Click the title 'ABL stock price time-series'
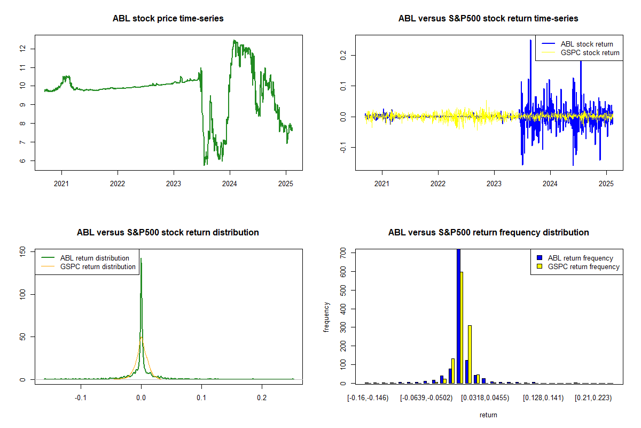[168, 18]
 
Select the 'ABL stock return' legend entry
[577, 44]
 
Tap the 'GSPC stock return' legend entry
[580, 53]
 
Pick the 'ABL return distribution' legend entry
[85, 258]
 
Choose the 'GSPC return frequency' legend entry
[578, 266]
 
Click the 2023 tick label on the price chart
[174, 184]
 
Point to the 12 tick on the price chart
[23, 49]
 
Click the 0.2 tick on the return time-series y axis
[343, 55]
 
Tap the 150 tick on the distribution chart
[23, 252]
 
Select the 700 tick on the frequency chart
[343, 253]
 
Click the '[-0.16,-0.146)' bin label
[368, 398]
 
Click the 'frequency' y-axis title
[326, 317]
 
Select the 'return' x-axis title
[488, 415]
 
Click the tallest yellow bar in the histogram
[462, 327]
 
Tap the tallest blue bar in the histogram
[458, 316]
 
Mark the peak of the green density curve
[141, 258]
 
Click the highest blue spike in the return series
[530, 40]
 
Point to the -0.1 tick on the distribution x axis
[81, 398]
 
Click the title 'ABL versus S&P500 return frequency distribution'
[488, 232]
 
